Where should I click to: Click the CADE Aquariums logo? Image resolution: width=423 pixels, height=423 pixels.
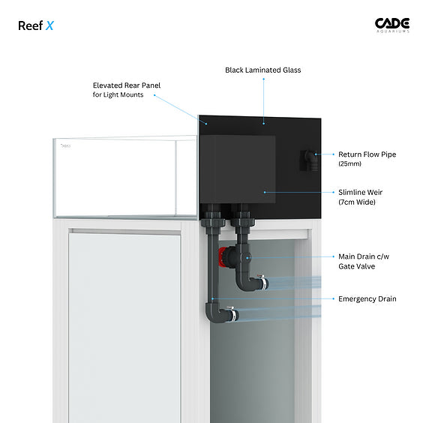[x=392, y=25]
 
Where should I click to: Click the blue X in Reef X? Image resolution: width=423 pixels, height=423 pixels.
[x=49, y=26]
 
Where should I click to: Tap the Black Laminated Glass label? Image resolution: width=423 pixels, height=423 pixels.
[x=263, y=70]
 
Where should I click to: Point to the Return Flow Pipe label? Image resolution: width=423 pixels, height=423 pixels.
[x=367, y=154]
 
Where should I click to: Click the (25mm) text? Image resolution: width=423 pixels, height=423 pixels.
[x=349, y=163]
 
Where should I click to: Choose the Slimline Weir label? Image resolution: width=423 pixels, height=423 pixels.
[x=361, y=192]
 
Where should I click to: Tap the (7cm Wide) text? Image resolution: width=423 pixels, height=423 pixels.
[x=357, y=202]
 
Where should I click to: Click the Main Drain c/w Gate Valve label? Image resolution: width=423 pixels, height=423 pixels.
[x=364, y=261]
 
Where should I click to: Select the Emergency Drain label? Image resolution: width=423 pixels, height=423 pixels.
[x=367, y=299]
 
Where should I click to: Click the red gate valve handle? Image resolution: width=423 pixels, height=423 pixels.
[x=222, y=256]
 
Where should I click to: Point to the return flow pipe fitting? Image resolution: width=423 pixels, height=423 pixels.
[x=310, y=160]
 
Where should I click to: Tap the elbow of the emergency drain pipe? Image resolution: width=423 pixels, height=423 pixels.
[x=212, y=313]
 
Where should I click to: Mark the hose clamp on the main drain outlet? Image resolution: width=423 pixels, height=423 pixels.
[x=262, y=282]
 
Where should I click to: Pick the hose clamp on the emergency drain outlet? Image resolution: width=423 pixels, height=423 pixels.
[x=233, y=314]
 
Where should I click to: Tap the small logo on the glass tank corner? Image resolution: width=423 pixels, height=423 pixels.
[x=65, y=146]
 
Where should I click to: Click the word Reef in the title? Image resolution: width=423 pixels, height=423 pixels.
[x=30, y=26]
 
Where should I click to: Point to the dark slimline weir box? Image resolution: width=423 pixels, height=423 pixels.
[x=238, y=169]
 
